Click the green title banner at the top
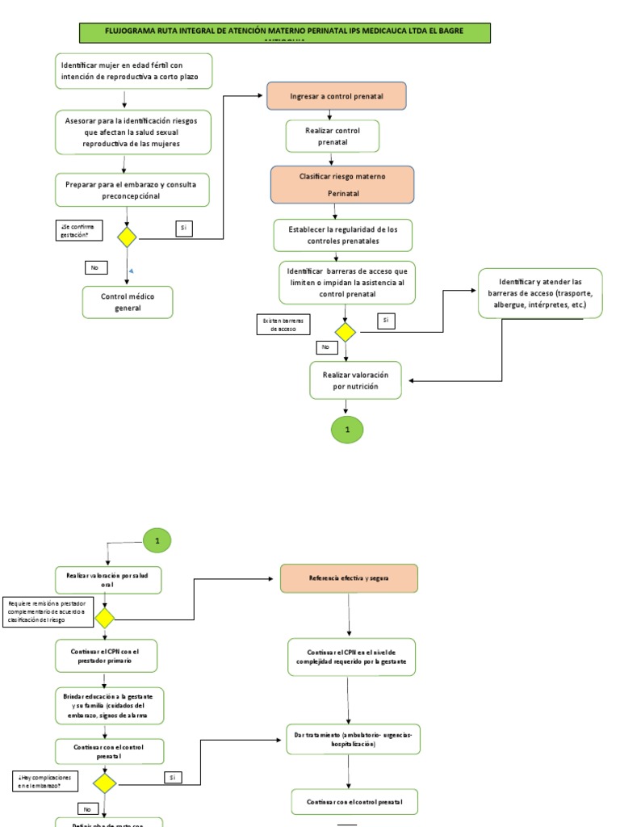point(283,32)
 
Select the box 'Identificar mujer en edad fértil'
point(134,71)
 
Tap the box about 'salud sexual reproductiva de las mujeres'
point(134,132)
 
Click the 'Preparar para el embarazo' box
point(132,190)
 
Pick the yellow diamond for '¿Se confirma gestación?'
point(127,237)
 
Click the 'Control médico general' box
point(127,302)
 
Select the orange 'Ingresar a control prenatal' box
point(336,96)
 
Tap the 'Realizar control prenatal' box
point(332,136)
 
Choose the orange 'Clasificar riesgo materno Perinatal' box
point(342,185)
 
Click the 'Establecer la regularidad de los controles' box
point(342,235)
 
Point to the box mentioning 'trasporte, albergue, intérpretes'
point(540,293)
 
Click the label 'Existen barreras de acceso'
point(279,325)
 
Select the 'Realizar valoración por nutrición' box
point(355,380)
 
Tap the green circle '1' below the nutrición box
point(347,430)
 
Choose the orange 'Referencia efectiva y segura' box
point(349,579)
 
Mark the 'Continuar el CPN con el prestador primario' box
point(106,655)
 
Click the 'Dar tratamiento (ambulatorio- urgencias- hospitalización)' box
point(354,739)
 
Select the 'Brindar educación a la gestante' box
point(109,705)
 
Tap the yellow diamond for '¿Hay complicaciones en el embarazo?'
point(104,783)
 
